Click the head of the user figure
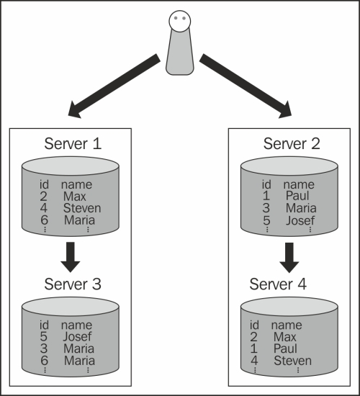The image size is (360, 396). click(180, 21)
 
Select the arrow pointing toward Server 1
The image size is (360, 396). click(114, 86)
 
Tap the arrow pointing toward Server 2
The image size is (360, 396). click(246, 86)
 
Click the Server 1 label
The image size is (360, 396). click(73, 144)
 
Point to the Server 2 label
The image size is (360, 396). click(292, 144)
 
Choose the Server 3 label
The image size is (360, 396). click(73, 284)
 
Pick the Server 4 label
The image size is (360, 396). click(278, 284)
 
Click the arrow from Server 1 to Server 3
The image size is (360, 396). click(71, 257)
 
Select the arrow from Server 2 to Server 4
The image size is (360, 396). click(289, 258)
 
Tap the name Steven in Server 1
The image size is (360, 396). click(82, 208)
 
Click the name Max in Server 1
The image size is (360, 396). click(75, 197)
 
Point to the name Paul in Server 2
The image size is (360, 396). click(297, 196)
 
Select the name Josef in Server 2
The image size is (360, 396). click(300, 220)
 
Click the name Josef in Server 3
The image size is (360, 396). click(77, 336)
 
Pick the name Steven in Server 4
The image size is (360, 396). click(292, 361)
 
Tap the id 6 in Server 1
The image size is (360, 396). click(44, 220)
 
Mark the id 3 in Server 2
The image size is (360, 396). click(266, 208)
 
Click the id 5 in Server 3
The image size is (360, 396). click(44, 336)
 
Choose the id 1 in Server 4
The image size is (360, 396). click(254, 348)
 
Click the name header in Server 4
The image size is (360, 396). click(287, 325)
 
